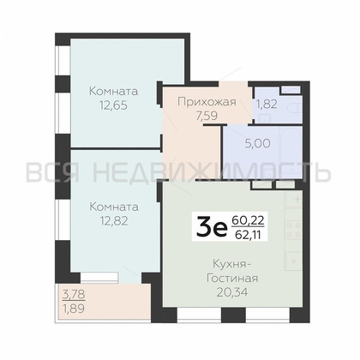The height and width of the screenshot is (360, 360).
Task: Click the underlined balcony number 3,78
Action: pos(73,299)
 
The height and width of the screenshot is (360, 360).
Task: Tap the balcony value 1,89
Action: pos(73,313)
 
